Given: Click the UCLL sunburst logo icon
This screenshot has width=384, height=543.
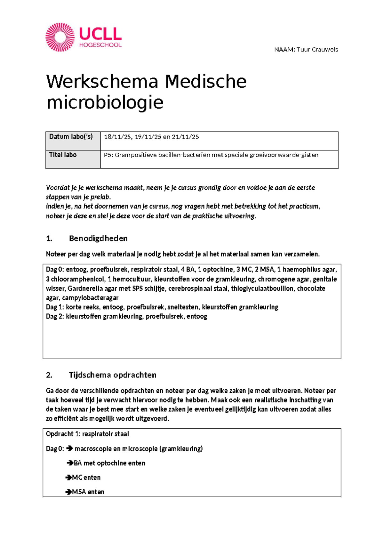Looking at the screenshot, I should (60, 37).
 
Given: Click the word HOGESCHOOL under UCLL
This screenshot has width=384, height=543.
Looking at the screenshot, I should (100, 45).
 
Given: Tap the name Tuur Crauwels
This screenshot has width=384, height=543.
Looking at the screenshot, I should (317, 50).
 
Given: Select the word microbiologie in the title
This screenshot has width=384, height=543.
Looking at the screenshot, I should (105, 102).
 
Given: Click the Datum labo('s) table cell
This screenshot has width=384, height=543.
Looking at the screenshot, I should (71, 137).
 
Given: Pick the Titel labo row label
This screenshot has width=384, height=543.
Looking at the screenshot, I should (63, 155).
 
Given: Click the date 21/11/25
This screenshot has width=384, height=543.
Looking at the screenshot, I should (185, 137).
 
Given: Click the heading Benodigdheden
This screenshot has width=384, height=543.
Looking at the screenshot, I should (98, 239).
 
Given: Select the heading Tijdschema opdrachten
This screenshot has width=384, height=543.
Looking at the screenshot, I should (112, 375).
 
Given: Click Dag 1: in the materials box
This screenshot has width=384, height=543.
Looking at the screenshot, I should (55, 307).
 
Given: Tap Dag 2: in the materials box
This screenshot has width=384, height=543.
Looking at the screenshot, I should (55, 317).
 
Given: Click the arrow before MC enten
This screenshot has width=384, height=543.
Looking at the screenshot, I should (68, 478).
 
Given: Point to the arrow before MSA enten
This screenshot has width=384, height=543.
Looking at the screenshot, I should (68, 492).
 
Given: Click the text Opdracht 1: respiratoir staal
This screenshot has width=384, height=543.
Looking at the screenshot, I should (87, 434).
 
